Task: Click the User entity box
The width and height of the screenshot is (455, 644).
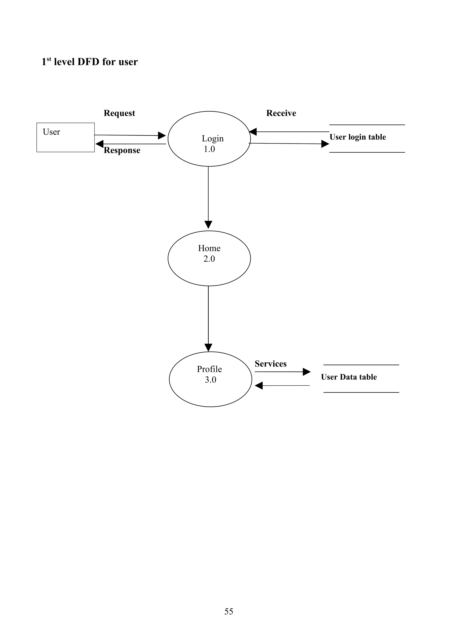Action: pos(65,137)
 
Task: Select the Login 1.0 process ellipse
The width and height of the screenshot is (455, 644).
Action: pos(209,139)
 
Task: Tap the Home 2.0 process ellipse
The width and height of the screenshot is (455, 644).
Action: pos(209,258)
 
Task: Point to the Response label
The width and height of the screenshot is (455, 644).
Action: pos(122,150)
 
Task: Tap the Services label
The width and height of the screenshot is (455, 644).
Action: pos(271,364)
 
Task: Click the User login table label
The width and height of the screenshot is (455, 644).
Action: pos(357,137)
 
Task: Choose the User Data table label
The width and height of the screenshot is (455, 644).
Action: pos(349,377)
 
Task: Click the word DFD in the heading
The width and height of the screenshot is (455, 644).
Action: pos(88,62)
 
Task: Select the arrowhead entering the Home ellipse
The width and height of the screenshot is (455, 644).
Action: pos(208,225)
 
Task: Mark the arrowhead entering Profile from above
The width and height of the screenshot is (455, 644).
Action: pos(208,347)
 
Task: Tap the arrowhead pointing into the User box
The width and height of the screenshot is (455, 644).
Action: pos(100,144)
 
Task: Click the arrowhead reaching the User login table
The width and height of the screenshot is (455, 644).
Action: pos(325,144)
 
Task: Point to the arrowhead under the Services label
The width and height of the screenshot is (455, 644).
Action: pos(307,372)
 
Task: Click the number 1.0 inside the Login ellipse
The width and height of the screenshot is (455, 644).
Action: pos(209,149)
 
